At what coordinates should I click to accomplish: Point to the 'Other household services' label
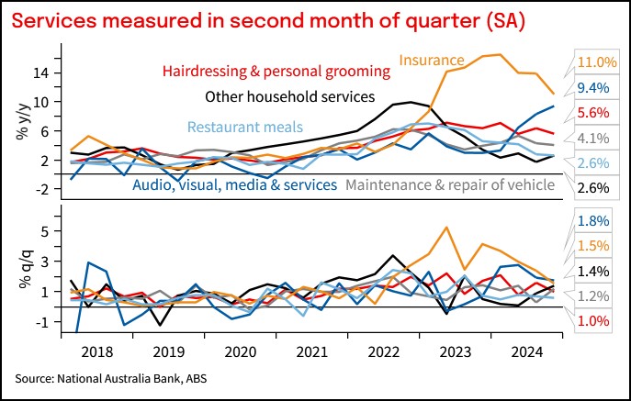click(289, 95)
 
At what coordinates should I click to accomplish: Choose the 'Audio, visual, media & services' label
click(234, 185)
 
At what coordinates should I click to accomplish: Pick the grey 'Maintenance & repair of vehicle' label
click(450, 185)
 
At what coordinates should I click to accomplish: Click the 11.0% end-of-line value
click(596, 62)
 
